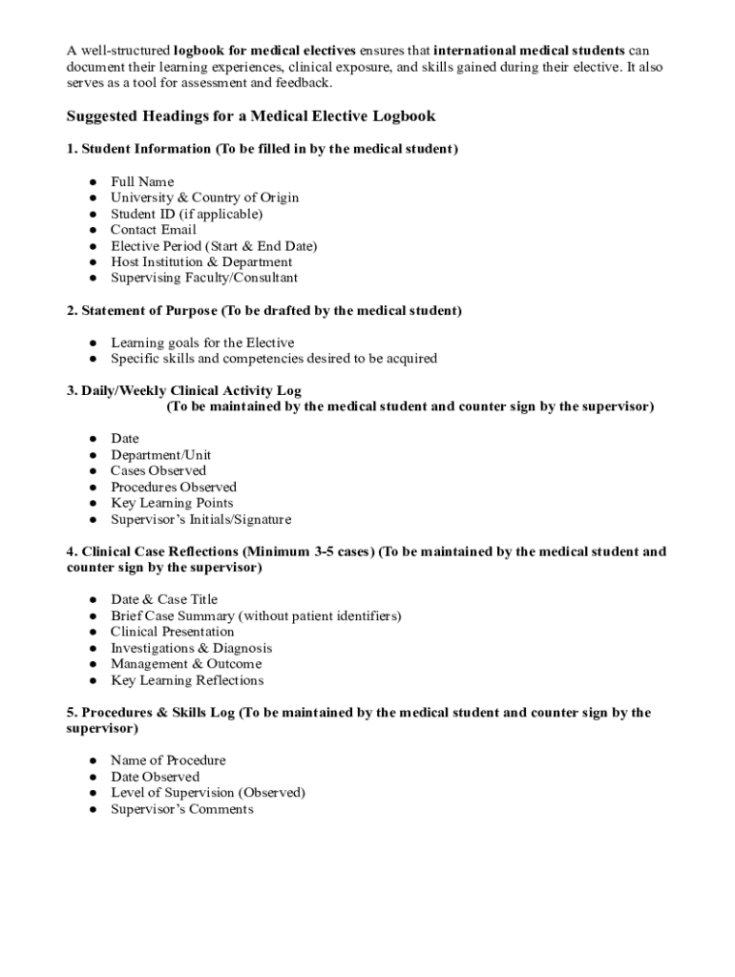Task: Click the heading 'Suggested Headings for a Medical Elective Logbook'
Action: click(x=251, y=116)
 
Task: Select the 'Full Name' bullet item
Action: click(x=142, y=181)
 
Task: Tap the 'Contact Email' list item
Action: click(x=153, y=230)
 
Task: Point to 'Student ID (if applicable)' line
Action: click(x=186, y=214)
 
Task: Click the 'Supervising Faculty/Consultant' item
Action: click(x=204, y=278)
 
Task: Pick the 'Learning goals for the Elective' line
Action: click(x=202, y=343)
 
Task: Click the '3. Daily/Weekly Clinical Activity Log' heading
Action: click(x=184, y=391)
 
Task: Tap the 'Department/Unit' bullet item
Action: click(x=160, y=455)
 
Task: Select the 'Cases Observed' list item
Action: click(x=157, y=470)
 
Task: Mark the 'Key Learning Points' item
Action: click(x=172, y=503)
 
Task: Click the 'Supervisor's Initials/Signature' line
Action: click(x=200, y=520)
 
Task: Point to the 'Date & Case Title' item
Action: click(x=164, y=599)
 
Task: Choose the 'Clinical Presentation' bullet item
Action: click(x=172, y=632)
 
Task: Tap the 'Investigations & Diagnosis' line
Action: click(x=191, y=648)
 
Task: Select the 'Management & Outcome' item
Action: click(x=186, y=664)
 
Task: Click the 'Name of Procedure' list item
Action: click(x=168, y=760)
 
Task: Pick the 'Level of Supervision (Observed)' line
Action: click(x=208, y=793)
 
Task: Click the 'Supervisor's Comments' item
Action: click(x=182, y=809)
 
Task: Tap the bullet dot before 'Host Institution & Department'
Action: click(x=93, y=262)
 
